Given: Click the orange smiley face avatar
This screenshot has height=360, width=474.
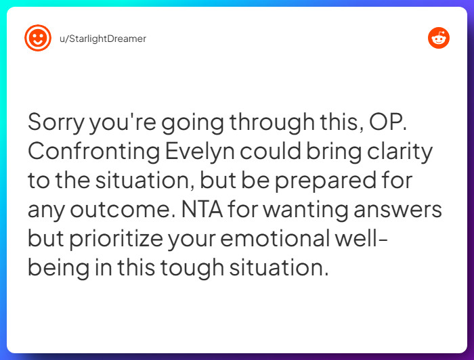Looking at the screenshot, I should click(38, 39).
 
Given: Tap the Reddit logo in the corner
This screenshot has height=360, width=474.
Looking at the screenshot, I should click(439, 39).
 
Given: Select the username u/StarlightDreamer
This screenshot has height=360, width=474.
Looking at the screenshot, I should click(102, 39).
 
